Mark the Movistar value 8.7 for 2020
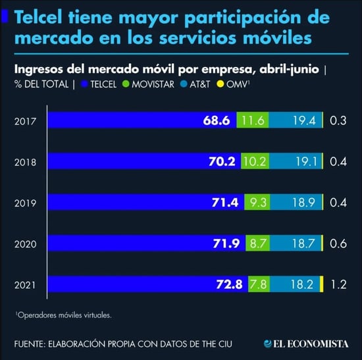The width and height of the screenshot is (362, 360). pyautogui.click(x=257, y=244)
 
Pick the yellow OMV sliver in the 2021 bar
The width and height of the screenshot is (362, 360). pyautogui.click(x=321, y=284)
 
